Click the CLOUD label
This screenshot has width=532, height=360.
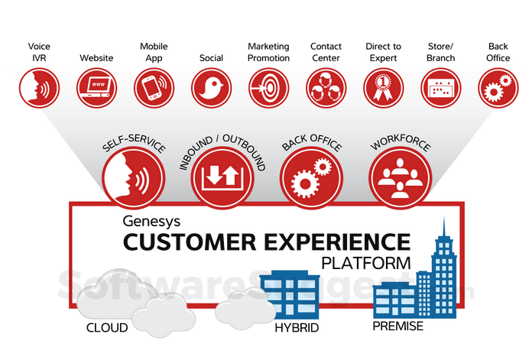(x=107, y=329)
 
